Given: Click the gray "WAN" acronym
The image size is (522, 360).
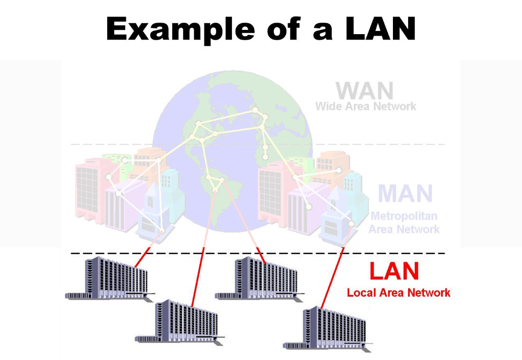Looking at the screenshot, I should pyautogui.click(x=364, y=91).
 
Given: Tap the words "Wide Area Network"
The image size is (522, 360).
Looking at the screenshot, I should pyautogui.click(x=365, y=106).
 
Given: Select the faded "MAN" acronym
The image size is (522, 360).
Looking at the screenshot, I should pyautogui.click(x=405, y=193).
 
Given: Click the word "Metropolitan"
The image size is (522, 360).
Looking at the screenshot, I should pyautogui.click(x=404, y=216).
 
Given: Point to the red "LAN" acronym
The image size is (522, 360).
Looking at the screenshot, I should pyautogui.click(x=394, y=271).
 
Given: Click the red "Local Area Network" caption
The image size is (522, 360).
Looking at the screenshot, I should pyautogui.click(x=399, y=293).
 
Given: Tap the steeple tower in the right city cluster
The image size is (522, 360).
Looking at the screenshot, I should pyautogui.click(x=335, y=209).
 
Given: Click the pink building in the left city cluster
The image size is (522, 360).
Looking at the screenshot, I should pyautogui.click(x=88, y=190).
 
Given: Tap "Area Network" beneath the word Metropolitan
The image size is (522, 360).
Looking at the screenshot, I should pyautogui.click(x=404, y=230).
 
